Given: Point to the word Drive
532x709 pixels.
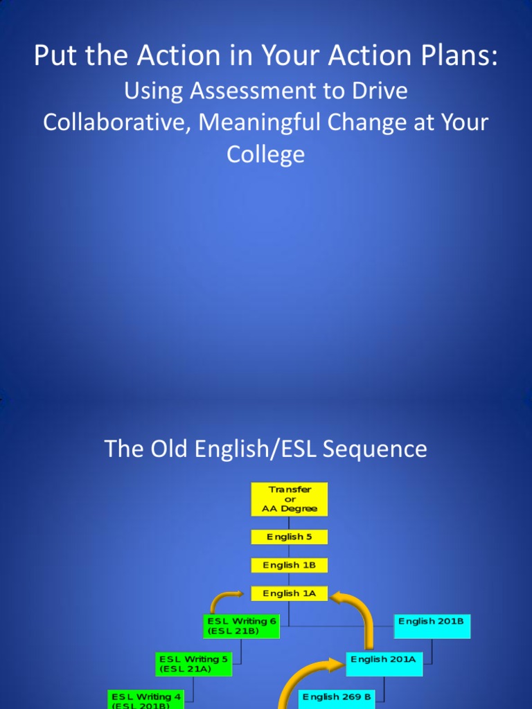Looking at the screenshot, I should click(x=379, y=91).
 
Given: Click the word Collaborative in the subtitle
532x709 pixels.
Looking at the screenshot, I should click(x=112, y=123).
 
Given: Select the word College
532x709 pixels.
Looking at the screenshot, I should click(x=265, y=154).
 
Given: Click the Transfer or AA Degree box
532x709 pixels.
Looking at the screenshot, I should click(x=290, y=499).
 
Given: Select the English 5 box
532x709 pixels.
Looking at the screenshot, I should click(x=290, y=537).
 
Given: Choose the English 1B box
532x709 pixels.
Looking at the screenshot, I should click(x=290, y=565).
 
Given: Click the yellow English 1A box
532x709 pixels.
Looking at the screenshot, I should click(x=290, y=593).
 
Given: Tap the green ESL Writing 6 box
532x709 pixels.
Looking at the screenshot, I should click(x=242, y=626).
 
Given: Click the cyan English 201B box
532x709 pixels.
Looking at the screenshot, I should click(x=432, y=626).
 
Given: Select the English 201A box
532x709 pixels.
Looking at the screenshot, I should click(x=384, y=660).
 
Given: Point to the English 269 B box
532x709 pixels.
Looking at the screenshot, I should click(x=337, y=697).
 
